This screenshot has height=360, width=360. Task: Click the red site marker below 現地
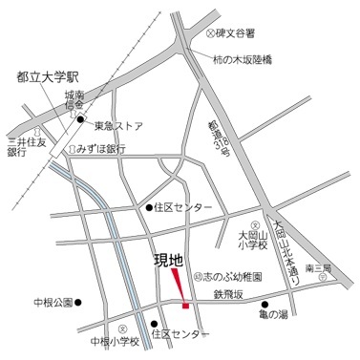(180, 287)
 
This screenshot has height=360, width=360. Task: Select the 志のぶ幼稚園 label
(231, 275)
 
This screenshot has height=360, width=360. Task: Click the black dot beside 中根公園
(79, 304)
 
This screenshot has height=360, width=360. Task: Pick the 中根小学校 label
(115, 342)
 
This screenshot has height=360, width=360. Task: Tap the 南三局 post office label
(332, 270)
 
